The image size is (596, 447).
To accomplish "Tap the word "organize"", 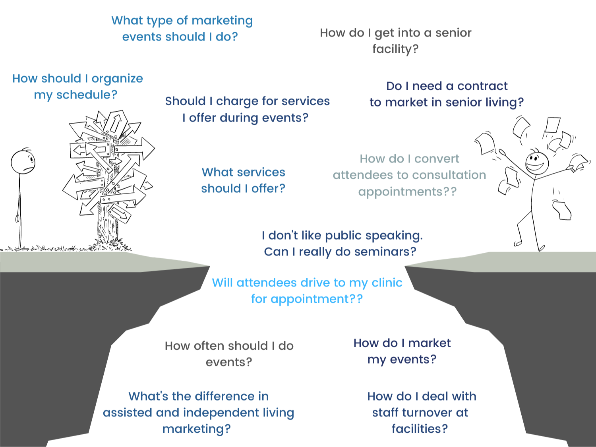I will [117, 79].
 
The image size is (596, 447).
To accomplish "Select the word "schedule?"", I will [87, 95].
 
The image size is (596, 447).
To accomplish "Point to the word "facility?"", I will [395, 49].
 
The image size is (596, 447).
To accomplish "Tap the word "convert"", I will [437, 159].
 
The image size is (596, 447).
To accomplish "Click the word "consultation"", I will [449, 175].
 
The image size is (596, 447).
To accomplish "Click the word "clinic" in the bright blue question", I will [387, 283].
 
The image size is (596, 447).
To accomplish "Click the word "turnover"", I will [427, 413].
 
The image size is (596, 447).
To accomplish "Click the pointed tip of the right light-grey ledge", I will [405, 266].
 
